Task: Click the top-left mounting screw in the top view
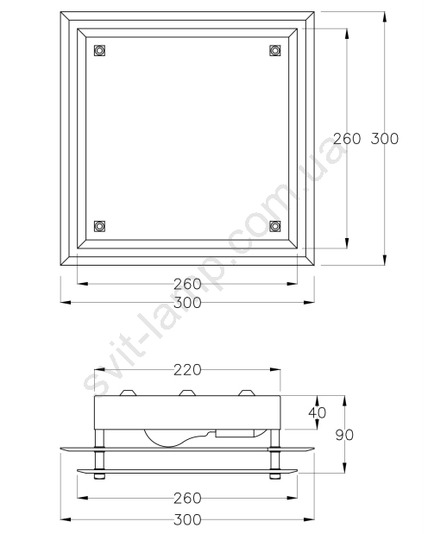(99, 50)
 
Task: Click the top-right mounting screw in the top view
(275, 50)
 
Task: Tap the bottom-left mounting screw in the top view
(99, 226)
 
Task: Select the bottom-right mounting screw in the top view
(275, 226)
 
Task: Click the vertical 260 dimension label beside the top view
(347, 139)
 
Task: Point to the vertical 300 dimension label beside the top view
(384, 139)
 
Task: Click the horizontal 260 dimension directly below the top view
(187, 284)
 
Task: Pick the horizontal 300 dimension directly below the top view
(187, 303)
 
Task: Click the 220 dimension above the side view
(187, 370)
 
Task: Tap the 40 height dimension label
(318, 412)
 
